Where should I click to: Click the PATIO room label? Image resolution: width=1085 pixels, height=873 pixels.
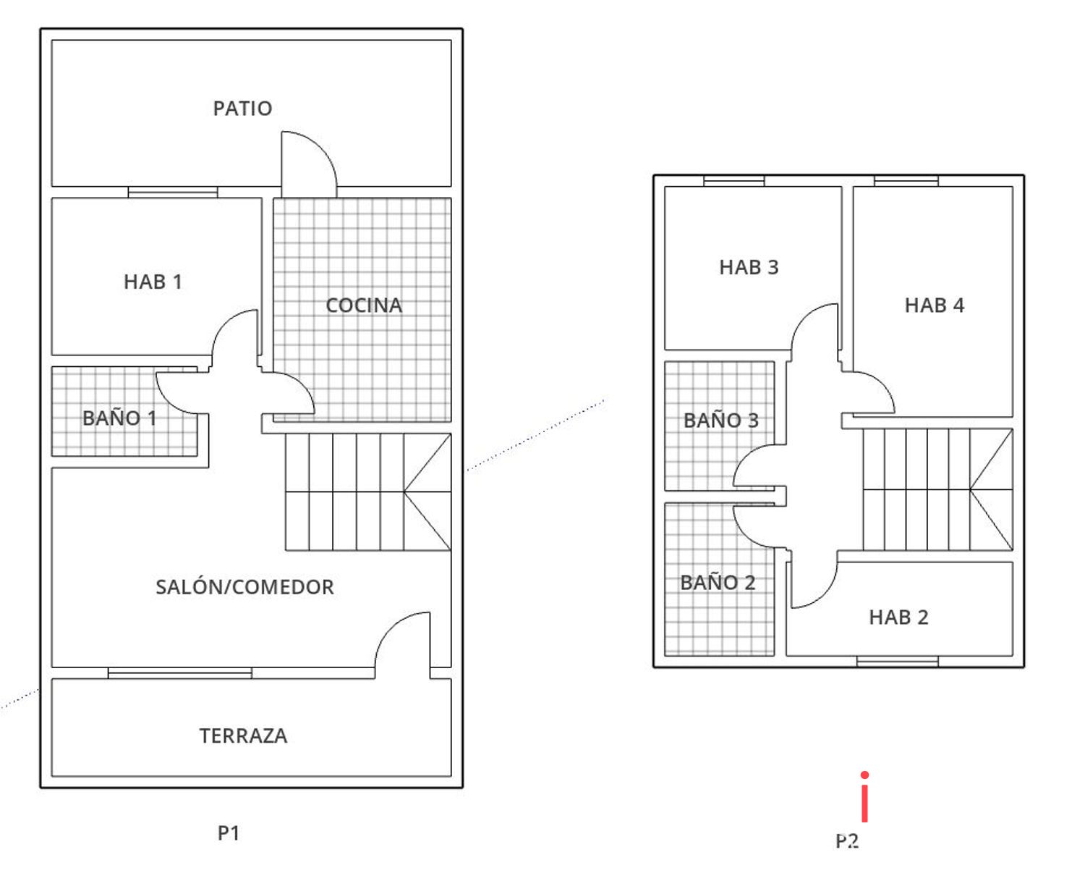[242, 109]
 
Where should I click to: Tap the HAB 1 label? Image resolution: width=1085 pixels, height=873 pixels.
[153, 282]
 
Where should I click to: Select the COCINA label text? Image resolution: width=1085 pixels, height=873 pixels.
[364, 305]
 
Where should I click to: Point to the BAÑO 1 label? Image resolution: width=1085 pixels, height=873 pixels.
[119, 418]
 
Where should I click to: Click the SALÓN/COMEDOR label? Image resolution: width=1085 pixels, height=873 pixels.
[244, 587]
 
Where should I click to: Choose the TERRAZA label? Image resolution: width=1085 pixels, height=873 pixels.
[243, 736]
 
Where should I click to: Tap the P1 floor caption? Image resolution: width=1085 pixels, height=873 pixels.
[229, 833]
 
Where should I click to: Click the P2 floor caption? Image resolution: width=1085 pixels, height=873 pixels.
[847, 841]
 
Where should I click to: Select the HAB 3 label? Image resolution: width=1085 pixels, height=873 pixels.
[749, 267]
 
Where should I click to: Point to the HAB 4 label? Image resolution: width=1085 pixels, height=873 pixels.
[935, 305]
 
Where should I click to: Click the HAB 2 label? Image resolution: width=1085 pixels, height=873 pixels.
[898, 617]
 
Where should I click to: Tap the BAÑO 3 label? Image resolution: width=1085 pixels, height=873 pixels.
[721, 421]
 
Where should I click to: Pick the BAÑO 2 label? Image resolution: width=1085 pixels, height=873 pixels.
[718, 583]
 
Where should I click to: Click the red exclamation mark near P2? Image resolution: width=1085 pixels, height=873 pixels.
[864, 797]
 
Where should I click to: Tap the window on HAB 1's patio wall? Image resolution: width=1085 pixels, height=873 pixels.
[173, 192]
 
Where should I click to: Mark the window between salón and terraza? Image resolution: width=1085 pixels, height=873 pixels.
[180, 673]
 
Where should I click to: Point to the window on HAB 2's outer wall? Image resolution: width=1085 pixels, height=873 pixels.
[898, 661]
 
